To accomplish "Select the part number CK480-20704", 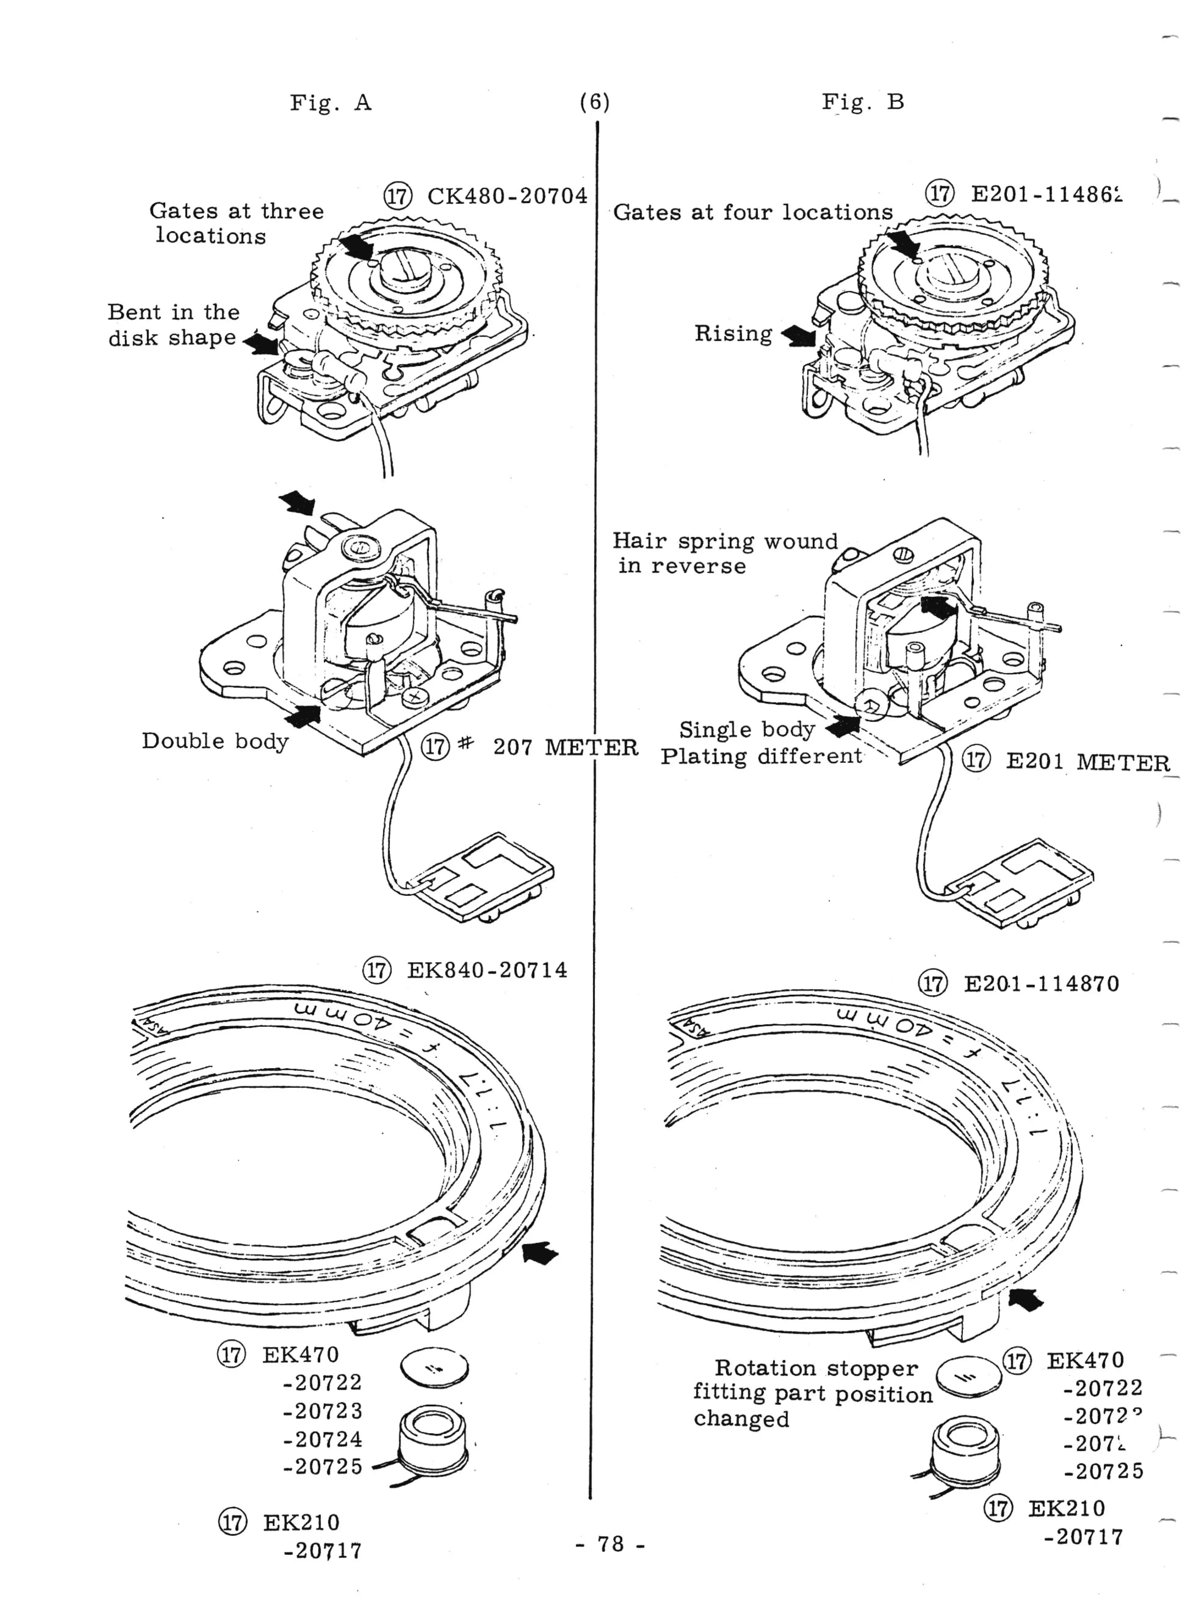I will tap(507, 196).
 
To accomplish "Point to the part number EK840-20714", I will tap(487, 970).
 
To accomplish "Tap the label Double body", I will tap(215, 741).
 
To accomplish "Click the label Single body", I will tap(746, 729).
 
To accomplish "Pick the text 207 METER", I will tap(565, 747).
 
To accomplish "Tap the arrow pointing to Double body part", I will tap(304, 716).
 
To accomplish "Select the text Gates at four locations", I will tap(753, 213).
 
